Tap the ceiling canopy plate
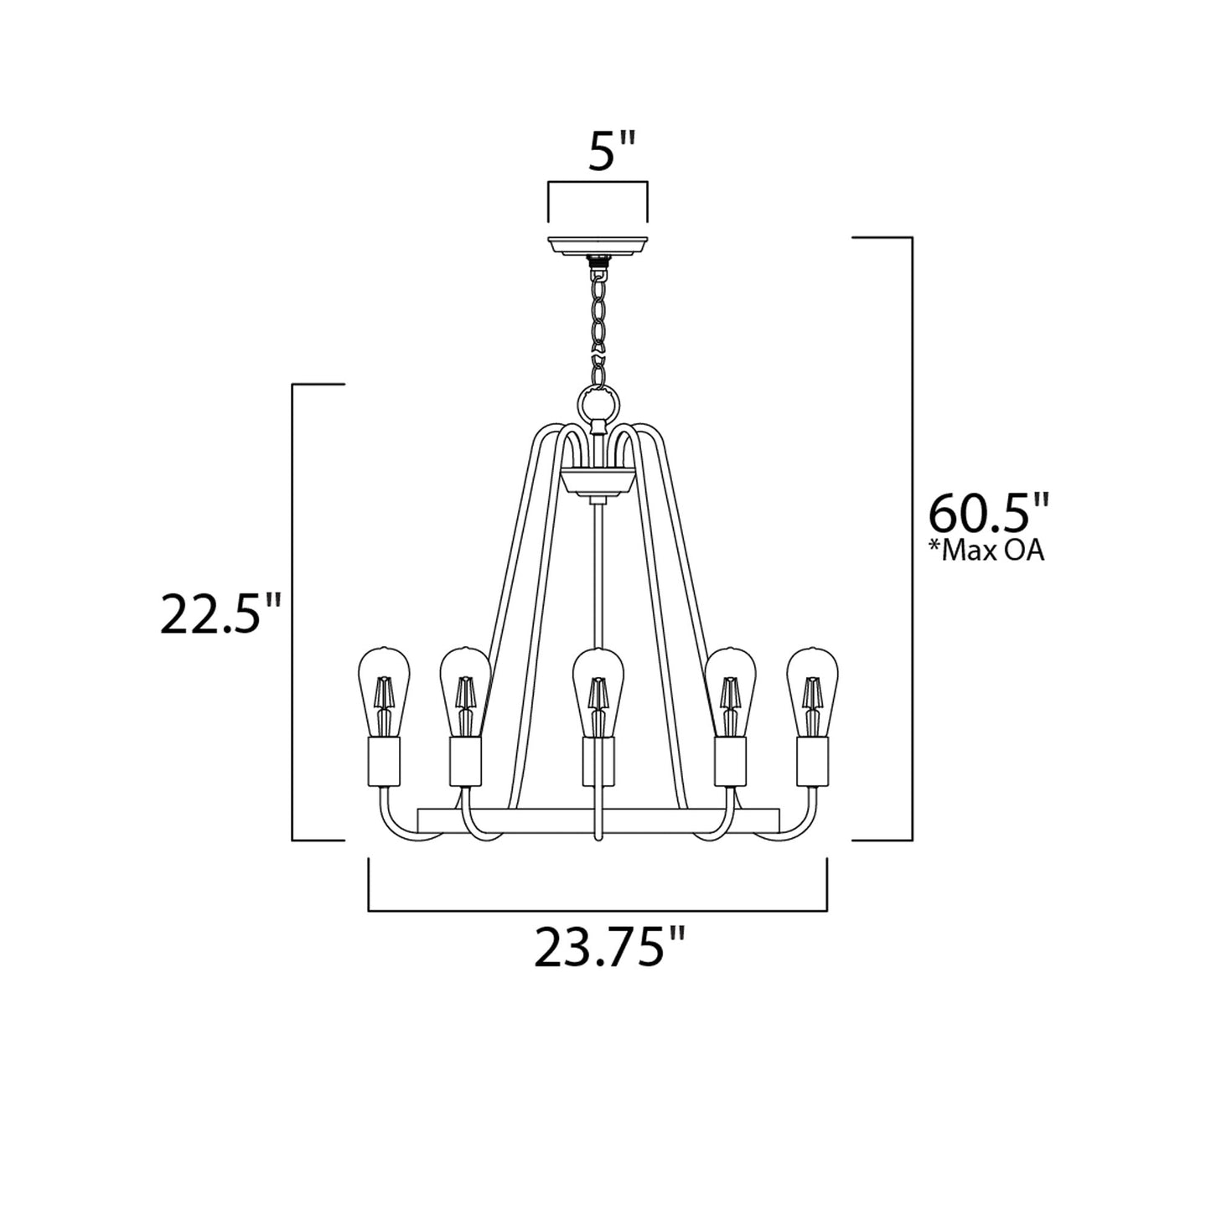click(598, 245)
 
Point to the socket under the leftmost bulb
click(383, 760)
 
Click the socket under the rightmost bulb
click(812, 760)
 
